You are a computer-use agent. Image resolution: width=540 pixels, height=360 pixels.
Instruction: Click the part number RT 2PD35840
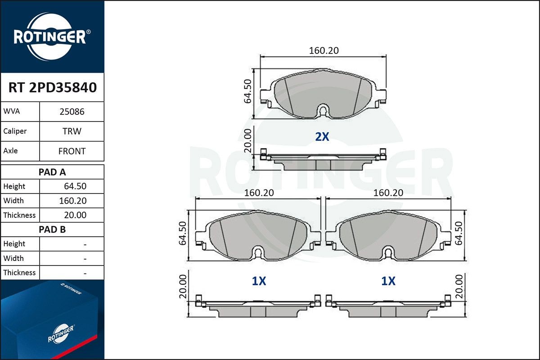52,88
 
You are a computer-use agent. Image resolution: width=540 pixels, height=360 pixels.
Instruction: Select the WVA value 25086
72,112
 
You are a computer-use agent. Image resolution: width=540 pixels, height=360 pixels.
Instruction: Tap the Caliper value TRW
72,131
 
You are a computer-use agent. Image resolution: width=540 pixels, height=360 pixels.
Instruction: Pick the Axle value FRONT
72,151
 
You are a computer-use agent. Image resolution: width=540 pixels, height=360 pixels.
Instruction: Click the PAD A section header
52,172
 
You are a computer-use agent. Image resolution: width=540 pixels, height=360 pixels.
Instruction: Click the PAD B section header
52,229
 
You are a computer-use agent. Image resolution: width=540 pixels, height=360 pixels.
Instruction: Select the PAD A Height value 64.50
76,186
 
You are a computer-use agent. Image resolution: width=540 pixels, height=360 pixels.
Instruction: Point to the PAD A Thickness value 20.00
76,215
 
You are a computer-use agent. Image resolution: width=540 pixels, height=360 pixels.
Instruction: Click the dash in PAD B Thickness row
85,273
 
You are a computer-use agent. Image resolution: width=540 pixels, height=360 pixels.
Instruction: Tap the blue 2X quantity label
322,137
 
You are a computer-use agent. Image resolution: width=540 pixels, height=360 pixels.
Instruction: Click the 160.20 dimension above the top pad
324,51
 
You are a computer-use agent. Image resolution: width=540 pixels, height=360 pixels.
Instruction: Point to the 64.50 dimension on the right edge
459,233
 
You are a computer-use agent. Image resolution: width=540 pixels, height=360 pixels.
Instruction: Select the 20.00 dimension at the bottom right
459,286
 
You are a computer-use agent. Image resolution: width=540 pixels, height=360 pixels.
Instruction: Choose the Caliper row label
15,131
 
